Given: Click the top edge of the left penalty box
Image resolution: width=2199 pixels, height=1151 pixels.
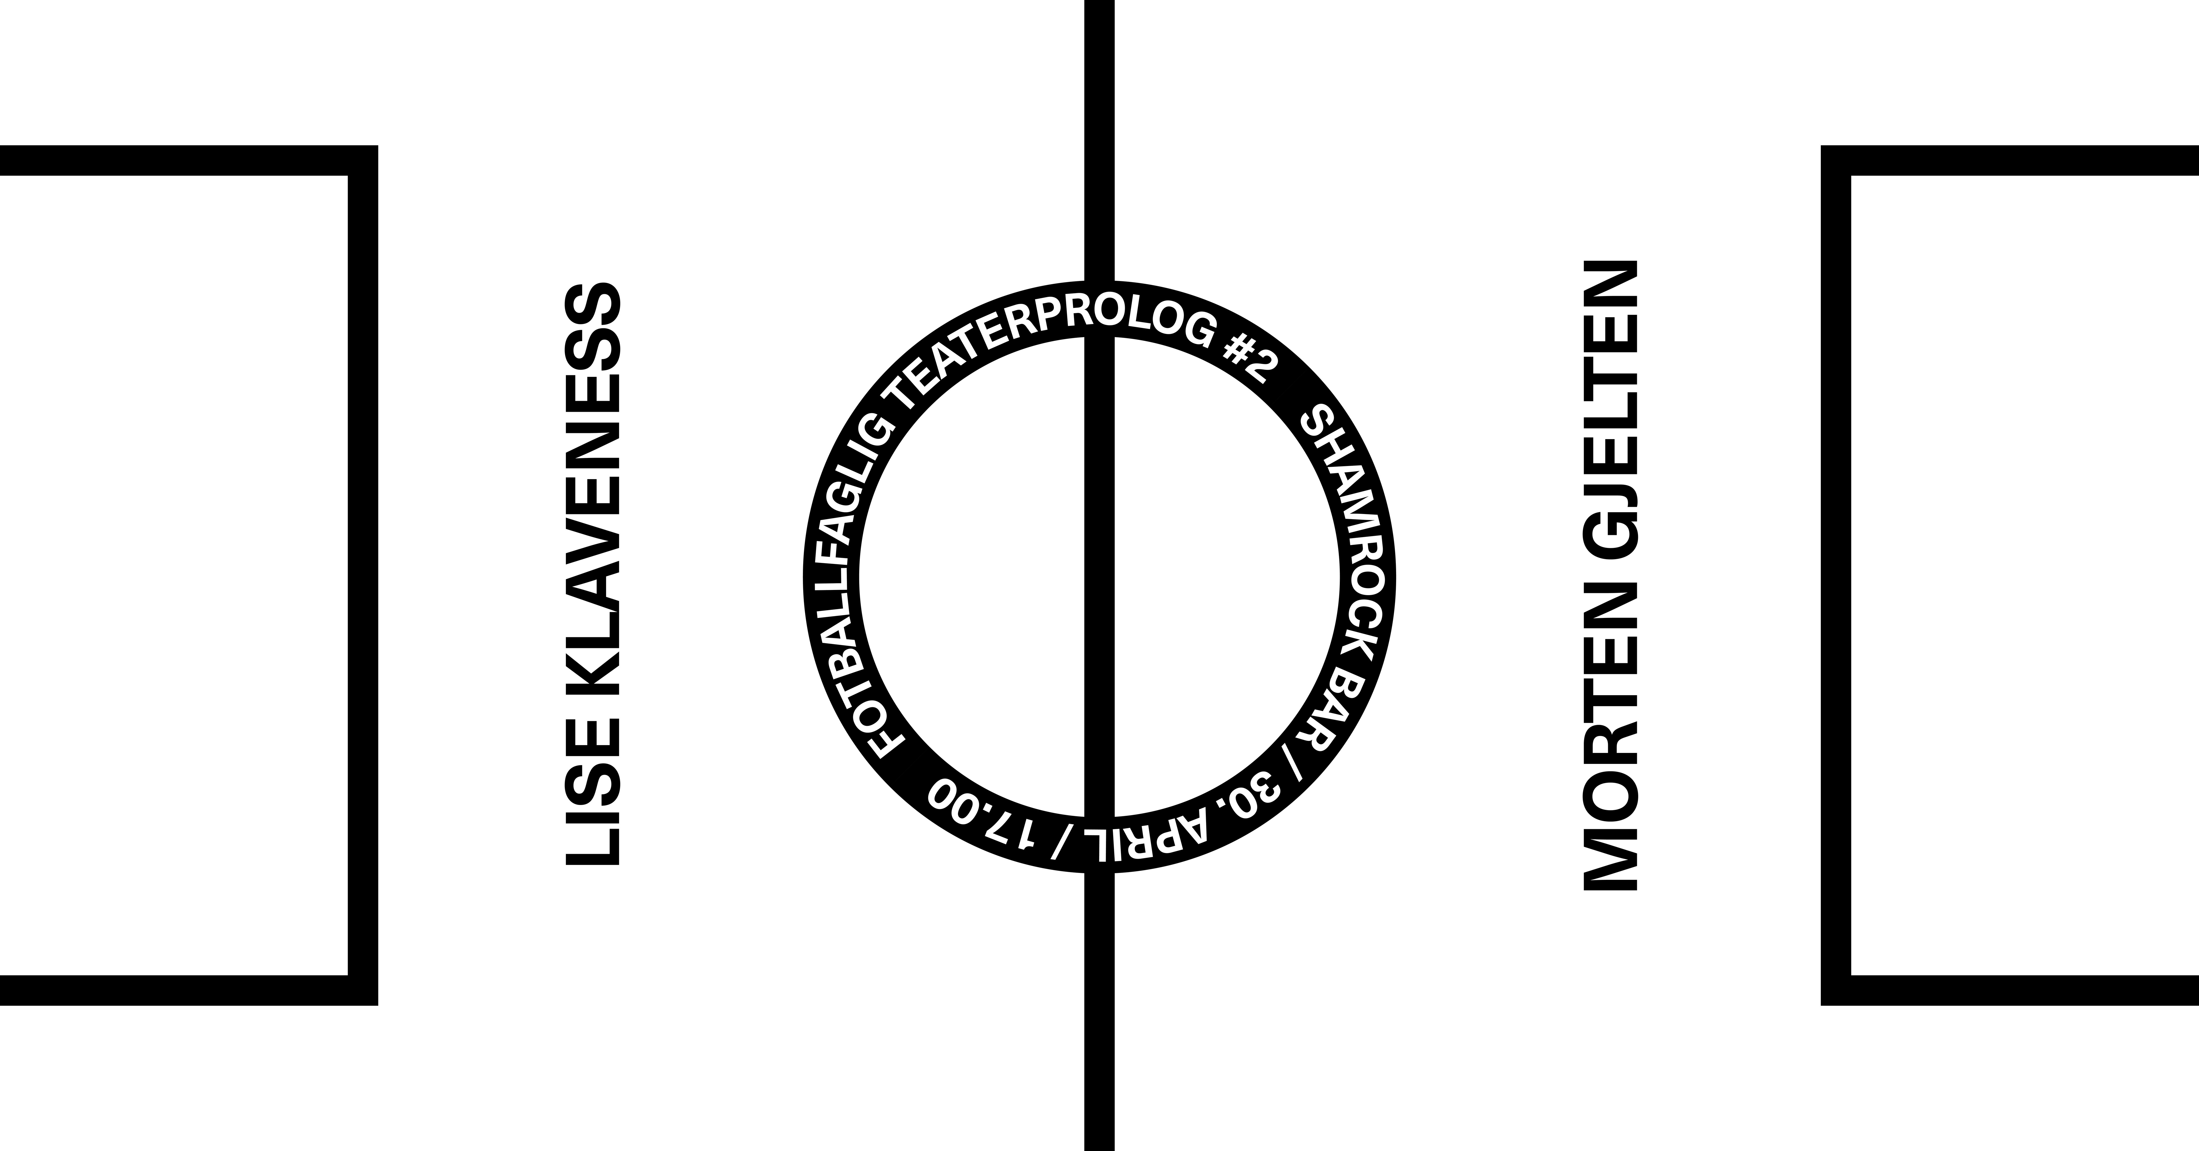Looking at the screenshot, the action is coord(171,161).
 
